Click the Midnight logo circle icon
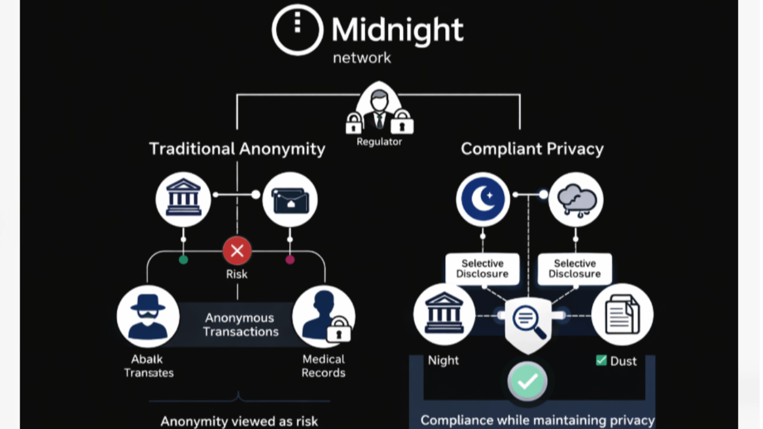(297, 29)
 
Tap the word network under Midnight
(362, 58)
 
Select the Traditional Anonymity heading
(237, 148)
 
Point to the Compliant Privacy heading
(532, 148)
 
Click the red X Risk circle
(237, 251)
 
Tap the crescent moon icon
(483, 200)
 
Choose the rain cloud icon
(576, 200)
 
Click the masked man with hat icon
(148, 316)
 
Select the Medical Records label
(323, 366)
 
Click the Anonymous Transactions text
(240, 325)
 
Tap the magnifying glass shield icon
(528, 322)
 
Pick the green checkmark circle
(528, 381)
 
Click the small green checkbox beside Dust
(601, 360)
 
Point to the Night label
(443, 360)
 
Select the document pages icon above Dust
(622, 315)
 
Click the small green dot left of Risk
(184, 260)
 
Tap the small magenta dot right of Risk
(290, 260)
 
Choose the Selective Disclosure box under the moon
(482, 269)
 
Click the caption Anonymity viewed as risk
(239, 421)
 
